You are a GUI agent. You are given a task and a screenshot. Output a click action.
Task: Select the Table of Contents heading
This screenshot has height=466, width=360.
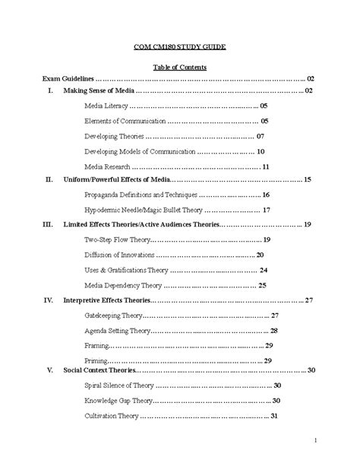pos(179,67)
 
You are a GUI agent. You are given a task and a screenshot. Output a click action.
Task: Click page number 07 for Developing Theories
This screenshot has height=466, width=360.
pos(260,136)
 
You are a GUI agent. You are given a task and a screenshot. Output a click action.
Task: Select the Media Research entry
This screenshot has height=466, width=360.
pos(109,166)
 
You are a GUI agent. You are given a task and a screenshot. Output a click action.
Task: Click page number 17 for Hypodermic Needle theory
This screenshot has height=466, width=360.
pos(266,210)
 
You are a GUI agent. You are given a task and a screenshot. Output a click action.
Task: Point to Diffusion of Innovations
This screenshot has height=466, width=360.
pos(120,255)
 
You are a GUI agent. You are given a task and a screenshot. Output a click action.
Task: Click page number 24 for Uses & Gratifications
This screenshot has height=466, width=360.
pos(263,270)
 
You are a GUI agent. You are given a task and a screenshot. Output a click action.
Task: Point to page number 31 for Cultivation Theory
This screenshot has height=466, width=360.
pos(276,416)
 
